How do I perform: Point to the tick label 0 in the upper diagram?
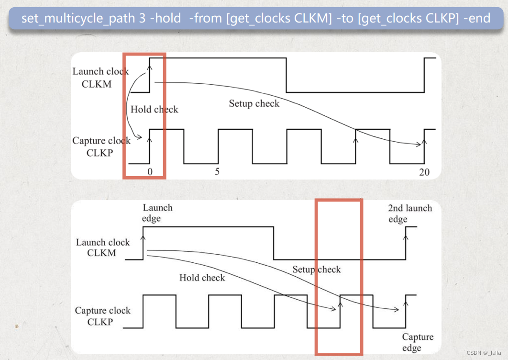150,172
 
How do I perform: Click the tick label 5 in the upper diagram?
217,171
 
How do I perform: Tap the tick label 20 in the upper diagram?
424,172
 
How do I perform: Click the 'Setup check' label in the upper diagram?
254,103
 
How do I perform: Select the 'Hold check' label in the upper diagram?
154,110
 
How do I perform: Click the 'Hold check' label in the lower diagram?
202,278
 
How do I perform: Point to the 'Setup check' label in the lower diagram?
317,270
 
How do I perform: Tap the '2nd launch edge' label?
409,214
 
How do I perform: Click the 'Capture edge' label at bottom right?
417,342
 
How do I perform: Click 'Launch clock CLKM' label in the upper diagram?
100,78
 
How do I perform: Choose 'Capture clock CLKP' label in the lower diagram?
102,316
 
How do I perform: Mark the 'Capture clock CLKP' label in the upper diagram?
101,146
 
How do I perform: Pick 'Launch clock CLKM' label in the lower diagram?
102,247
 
